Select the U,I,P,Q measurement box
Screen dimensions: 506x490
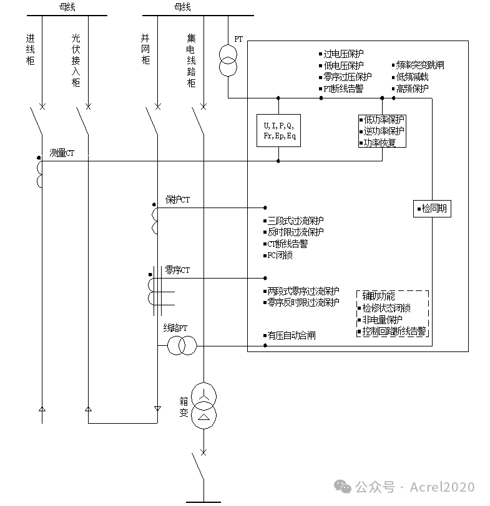278,130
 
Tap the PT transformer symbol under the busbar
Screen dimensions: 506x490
227,60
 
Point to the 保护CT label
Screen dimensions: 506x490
177,200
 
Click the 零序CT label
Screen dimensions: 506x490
177,270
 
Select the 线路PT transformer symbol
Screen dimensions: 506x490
182,346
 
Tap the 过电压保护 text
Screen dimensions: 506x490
343,54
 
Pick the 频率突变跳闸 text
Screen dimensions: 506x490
420,65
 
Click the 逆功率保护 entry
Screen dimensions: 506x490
384,131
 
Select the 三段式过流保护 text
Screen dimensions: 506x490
295,221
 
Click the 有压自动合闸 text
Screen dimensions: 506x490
291,335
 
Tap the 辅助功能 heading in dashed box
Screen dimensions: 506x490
378,296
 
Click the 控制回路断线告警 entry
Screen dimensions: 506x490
394,331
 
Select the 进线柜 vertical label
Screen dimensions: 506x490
30,49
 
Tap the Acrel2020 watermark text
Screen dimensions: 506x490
442,487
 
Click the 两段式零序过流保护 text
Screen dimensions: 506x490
303,291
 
